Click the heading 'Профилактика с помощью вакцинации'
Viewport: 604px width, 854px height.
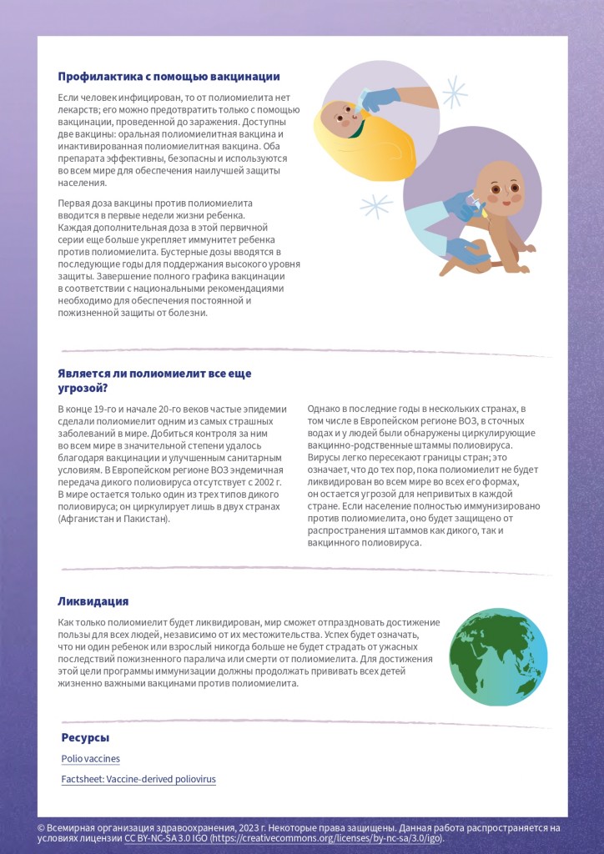(x=169, y=77)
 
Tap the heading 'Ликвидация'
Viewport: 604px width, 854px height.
(x=93, y=601)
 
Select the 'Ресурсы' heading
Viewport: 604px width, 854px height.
(x=85, y=738)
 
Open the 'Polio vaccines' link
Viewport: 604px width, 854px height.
(x=90, y=759)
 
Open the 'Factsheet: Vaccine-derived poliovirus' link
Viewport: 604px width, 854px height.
(x=138, y=779)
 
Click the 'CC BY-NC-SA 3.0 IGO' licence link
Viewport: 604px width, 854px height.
(x=168, y=838)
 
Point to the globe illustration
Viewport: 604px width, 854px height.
(x=498, y=656)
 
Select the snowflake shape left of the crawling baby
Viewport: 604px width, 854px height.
(x=376, y=204)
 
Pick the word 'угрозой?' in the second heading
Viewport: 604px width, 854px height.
(x=83, y=389)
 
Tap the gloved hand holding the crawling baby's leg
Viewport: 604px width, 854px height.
(x=464, y=250)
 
